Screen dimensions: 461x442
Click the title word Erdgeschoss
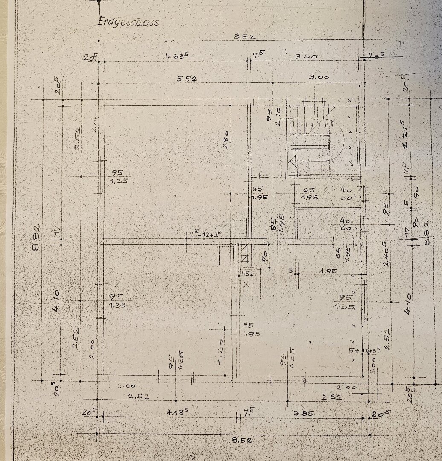[x=128, y=21]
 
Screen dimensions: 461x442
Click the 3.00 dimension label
[x=319, y=77]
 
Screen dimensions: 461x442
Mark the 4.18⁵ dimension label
[x=177, y=413]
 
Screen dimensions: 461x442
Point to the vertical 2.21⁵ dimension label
[x=405, y=137]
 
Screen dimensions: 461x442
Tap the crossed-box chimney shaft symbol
[x=244, y=252]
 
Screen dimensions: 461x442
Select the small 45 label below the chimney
[x=245, y=274]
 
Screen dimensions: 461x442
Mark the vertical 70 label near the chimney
[x=265, y=256]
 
